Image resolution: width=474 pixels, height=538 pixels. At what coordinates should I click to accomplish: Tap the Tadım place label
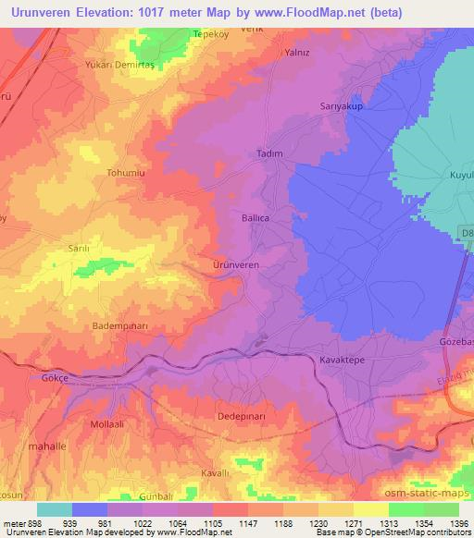(x=268, y=154)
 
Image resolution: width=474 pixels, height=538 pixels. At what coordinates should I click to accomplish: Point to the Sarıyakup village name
(x=340, y=106)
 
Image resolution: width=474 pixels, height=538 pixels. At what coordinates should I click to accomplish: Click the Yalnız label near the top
(x=296, y=53)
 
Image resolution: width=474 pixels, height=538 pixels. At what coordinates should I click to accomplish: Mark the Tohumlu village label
(x=127, y=172)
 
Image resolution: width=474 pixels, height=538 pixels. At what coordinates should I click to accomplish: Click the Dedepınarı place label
(x=241, y=417)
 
